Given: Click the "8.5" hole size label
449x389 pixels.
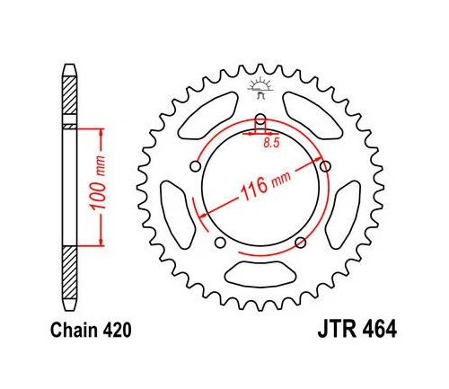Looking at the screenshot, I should pyautogui.click(x=270, y=141).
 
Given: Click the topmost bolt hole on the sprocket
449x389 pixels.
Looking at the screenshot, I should pyautogui.click(x=260, y=121).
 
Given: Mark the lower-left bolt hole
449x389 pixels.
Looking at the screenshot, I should pyautogui.click(x=219, y=243).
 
